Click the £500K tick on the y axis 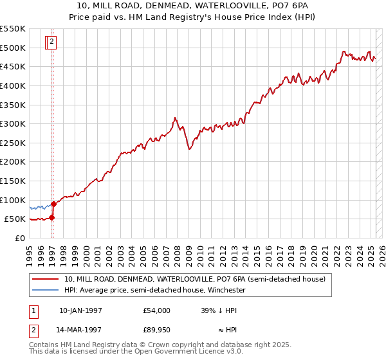pos(13,48)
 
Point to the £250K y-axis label pos(13,143)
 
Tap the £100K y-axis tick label pos(13,200)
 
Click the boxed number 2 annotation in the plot pos(52,42)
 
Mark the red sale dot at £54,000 pos(52,217)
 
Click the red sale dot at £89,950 pos(54,204)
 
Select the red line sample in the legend pos(45,280)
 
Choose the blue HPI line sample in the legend pos(45,290)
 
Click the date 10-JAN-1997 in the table pos(81,310)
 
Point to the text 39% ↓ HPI pos(219,310)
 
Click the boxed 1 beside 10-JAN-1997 pos(33,310)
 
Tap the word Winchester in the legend pos(227,290)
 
